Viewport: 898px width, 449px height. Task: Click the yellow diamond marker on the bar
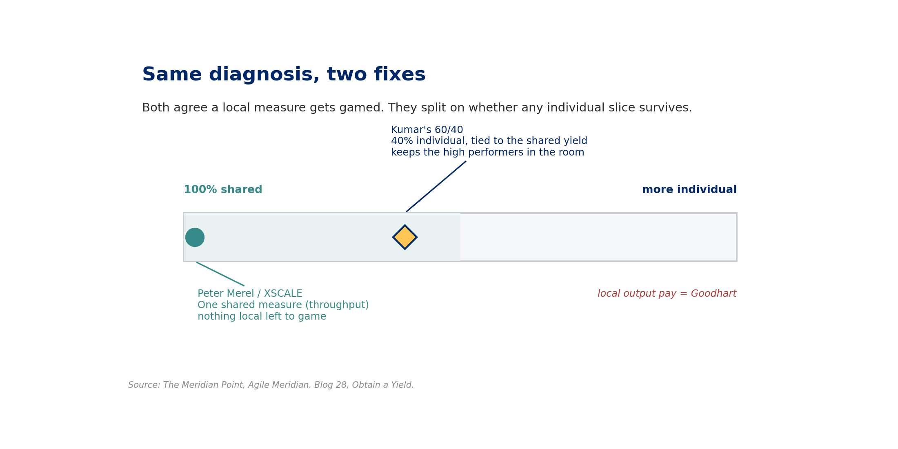click(x=405, y=237)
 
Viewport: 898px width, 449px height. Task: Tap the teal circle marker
click(x=195, y=237)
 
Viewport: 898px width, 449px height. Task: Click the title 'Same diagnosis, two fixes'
click(x=284, y=75)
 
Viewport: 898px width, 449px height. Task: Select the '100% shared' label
click(x=223, y=190)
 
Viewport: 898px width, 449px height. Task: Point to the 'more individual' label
click(x=689, y=190)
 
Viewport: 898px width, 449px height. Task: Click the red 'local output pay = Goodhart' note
click(x=667, y=294)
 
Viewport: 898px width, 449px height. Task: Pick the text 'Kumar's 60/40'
click(x=427, y=130)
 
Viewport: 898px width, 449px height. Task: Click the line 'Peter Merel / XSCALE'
click(x=250, y=294)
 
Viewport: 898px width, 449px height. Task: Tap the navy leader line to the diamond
click(x=436, y=187)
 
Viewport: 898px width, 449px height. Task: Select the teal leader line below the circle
click(x=220, y=274)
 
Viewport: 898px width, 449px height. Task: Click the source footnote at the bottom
click(x=271, y=385)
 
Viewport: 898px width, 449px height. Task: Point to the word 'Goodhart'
click(x=714, y=294)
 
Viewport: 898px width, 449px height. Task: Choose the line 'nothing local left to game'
click(x=262, y=317)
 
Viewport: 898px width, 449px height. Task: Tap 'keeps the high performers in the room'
click(x=488, y=153)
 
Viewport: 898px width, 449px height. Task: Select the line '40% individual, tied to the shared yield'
click(x=489, y=141)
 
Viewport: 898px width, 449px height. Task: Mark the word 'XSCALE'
click(x=283, y=294)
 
